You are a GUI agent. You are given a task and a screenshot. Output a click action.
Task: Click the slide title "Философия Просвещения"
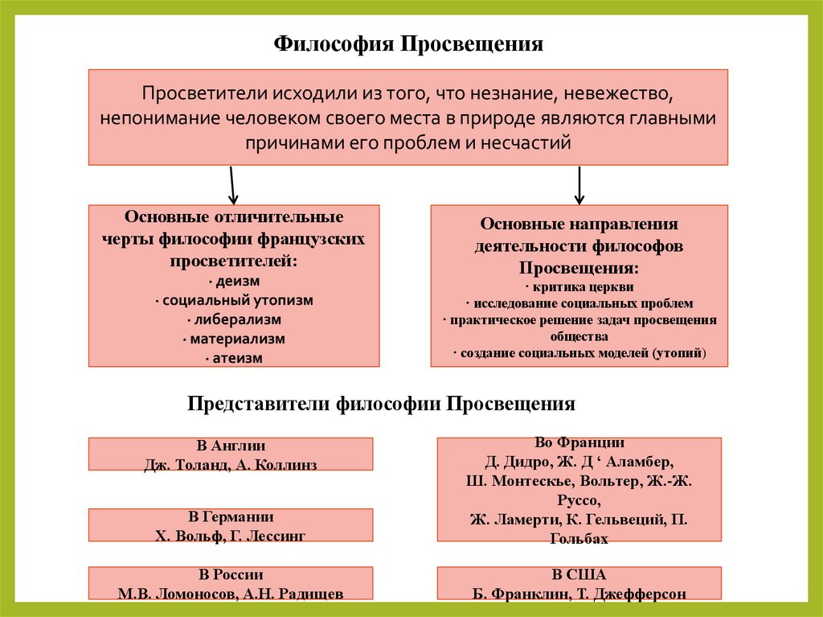pyautogui.click(x=409, y=43)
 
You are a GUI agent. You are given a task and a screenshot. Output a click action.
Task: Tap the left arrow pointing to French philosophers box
pyautogui.click(x=231, y=185)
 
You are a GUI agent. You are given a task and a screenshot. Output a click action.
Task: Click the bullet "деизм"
pyautogui.click(x=233, y=282)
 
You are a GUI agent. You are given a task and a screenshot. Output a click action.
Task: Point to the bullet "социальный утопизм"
pyautogui.click(x=233, y=301)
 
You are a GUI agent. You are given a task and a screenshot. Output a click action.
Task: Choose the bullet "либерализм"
pyautogui.click(x=233, y=320)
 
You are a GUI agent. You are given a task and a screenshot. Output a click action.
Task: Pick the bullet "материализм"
pyautogui.click(x=233, y=339)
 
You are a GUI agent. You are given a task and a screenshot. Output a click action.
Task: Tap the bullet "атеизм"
pyautogui.click(x=233, y=359)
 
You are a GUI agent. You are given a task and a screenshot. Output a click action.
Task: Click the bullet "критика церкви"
pyautogui.click(x=579, y=286)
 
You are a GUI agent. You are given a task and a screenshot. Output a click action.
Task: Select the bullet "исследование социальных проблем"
pyautogui.click(x=579, y=303)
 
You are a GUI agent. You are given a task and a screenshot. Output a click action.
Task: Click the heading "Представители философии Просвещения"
pyautogui.click(x=382, y=404)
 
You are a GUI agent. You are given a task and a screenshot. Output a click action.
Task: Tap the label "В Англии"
pyautogui.click(x=231, y=446)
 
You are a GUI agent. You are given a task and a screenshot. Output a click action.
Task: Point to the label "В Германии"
pyautogui.click(x=231, y=517)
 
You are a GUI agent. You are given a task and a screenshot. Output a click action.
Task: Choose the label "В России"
pyautogui.click(x=231, y=575)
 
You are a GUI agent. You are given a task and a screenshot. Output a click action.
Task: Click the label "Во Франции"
pyautogui.click(x=579, y=443)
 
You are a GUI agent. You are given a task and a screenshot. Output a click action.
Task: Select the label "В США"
pyautogui.click(x=579, y=575)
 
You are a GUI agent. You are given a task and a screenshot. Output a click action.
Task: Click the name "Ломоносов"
pyautogui.click(x=193, y=594)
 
